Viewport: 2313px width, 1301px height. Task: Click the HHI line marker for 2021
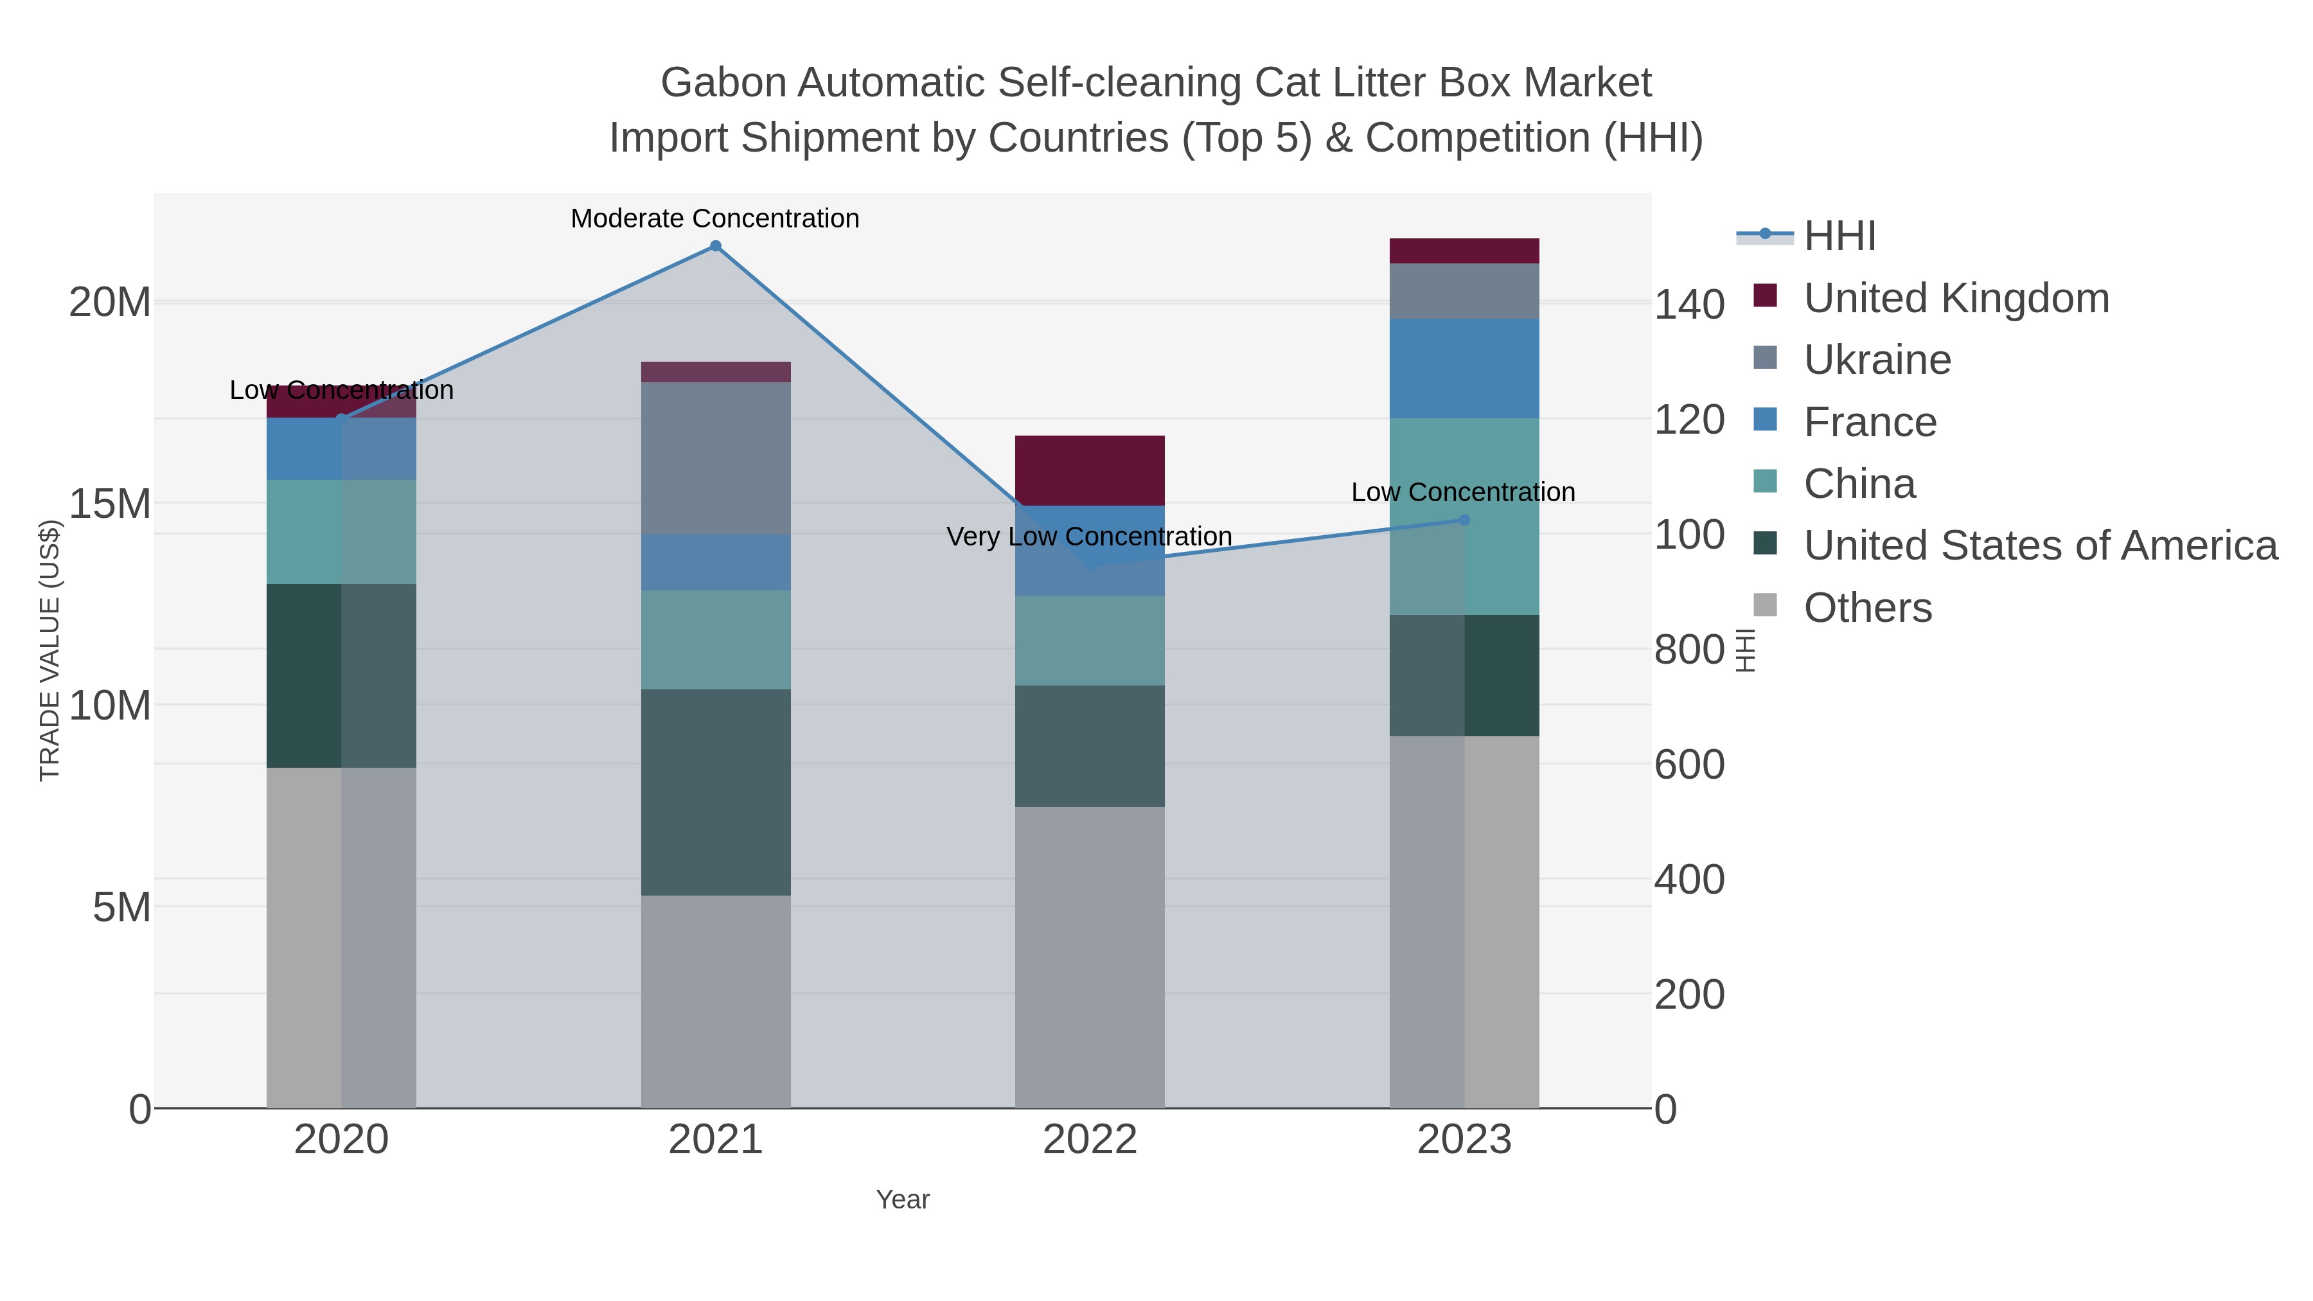click(x=716, y=246)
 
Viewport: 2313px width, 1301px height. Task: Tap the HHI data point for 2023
click(x=1464, y=520)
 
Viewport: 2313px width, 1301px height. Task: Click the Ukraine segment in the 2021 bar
click(x=716, y=458)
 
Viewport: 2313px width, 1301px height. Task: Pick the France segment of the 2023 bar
click(x=1464, y=368)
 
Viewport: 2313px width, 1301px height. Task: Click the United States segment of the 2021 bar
click(x=716, y=792)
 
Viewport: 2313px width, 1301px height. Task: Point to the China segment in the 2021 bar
click(x=716, y=639)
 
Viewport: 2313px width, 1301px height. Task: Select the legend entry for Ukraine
click(x=1877, y=360)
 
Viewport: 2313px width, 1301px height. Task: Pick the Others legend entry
click(x=1868, y=608)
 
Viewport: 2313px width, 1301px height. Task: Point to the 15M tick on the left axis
click(x=109, y=504)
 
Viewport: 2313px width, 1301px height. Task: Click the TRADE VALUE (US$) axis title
click(x=49, y=650)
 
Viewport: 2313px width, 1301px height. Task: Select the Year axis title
click(x=903, y=1199)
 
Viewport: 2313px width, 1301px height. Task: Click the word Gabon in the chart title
click(x=723, y=83)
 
